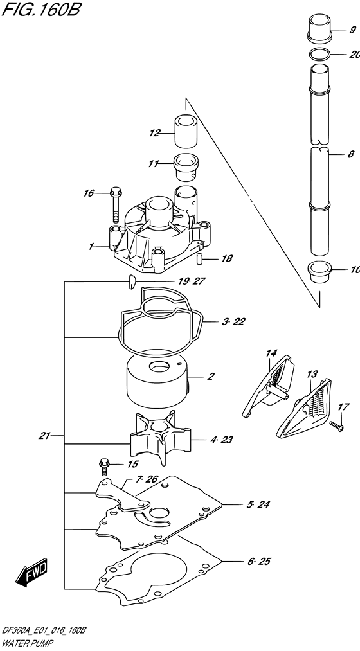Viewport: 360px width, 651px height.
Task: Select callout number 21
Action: tap(44, 435)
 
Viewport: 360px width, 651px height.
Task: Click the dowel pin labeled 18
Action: tap(199, 259)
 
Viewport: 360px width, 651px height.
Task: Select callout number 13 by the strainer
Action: tap(312, 373)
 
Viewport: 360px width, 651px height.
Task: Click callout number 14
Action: tap(271, 352)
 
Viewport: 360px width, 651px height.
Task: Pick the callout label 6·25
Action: tap(259, 562)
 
